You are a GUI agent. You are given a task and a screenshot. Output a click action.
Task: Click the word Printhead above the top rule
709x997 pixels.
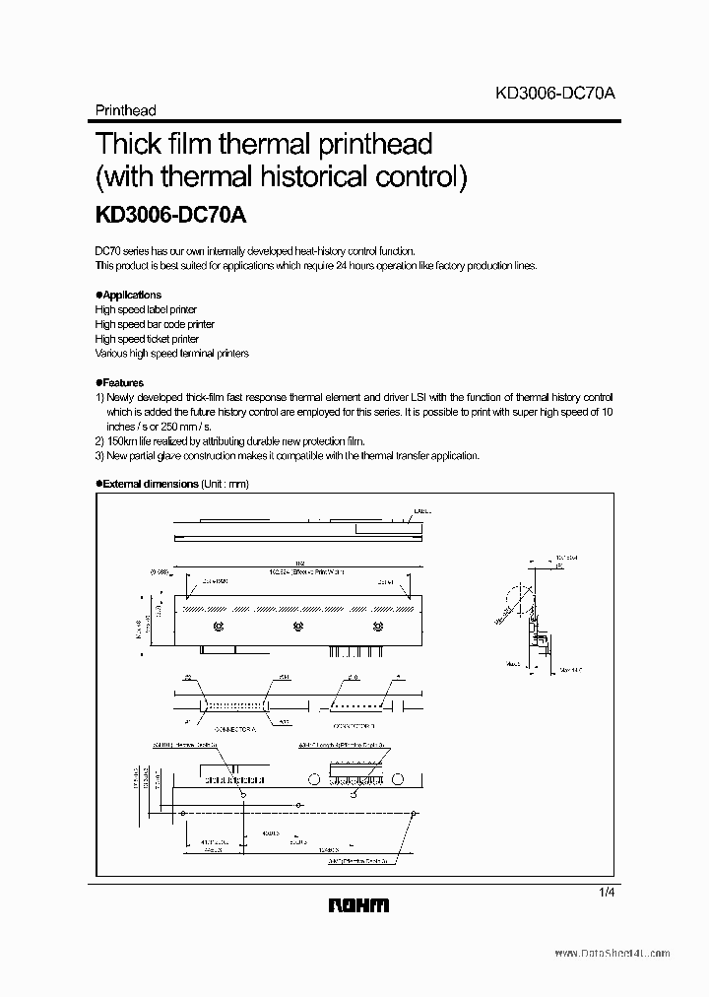pyautogui.click(x=125, y=111)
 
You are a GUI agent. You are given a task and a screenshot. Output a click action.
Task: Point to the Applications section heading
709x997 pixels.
pyautogui.click(x=130, y=295)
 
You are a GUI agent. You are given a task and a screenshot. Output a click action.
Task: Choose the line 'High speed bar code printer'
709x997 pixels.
pyautogui.click(x=155, y=324)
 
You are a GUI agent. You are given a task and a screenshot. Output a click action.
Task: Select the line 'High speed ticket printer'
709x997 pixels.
pyautogui.click(x=147, y=339)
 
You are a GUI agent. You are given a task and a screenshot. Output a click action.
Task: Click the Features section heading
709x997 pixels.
pyautogui.click(x=121, y=382)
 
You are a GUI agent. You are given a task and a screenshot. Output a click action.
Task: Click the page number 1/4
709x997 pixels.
pyautogui.click(x=605, y=891)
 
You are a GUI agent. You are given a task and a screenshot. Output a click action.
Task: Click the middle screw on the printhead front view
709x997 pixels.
pyautogui.click(x=296, y=626)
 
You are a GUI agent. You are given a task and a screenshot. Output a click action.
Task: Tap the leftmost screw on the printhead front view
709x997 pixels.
pyautogui.click(x=217, y=626)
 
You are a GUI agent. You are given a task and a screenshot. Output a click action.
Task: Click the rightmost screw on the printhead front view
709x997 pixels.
pyautogui.click(x=375, y=626)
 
